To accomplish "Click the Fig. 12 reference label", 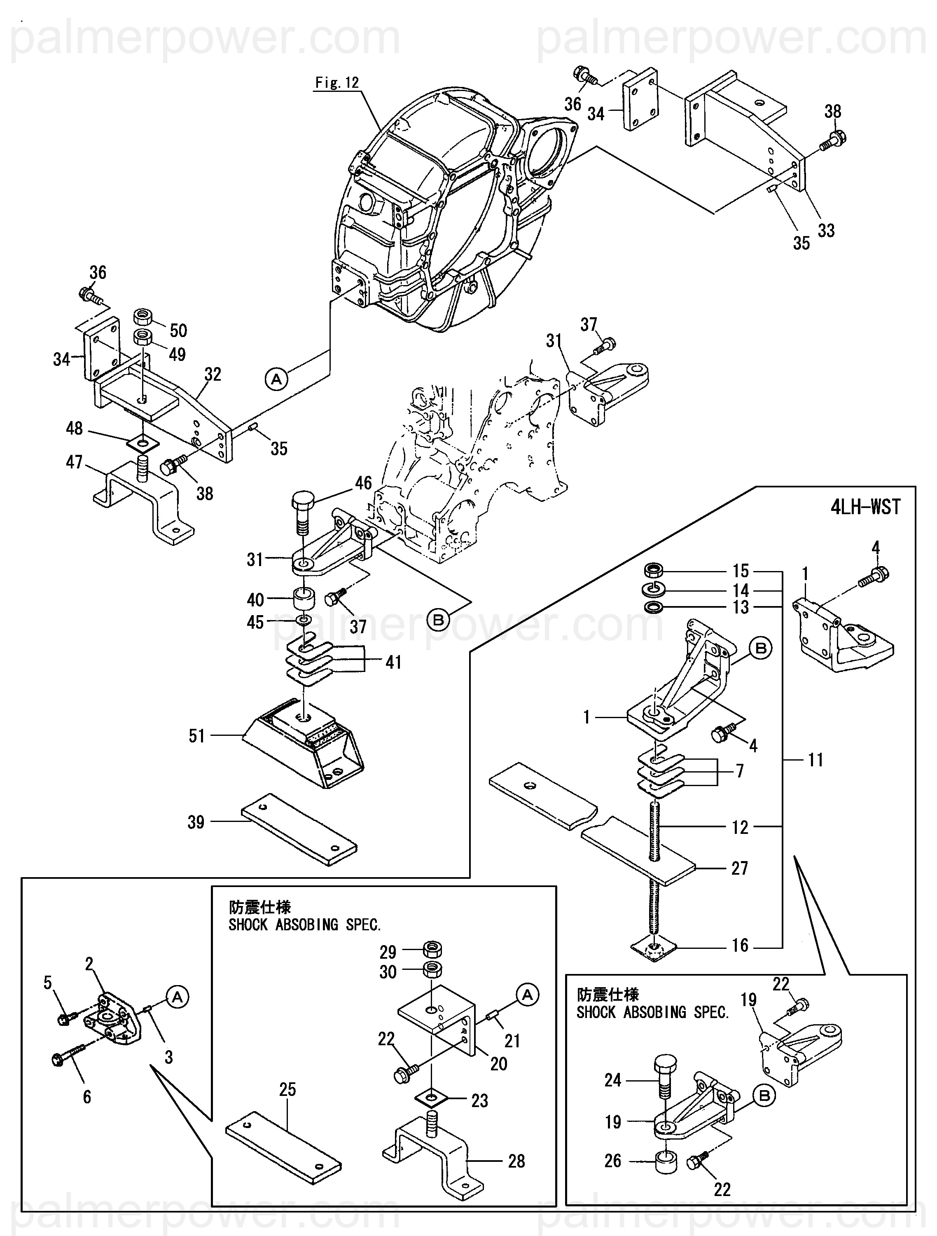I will pos(337,83).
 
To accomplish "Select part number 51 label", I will pos(197,735).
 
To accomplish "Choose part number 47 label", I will pos(74,462).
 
